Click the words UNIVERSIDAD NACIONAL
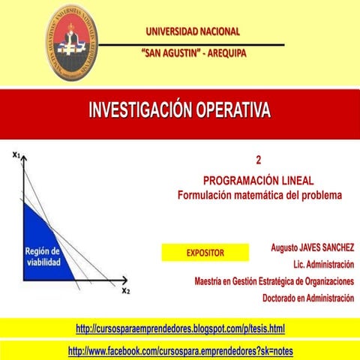pyautogui.click(x=193, y=31)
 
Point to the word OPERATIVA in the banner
pyautogui.click(x=235, y=112)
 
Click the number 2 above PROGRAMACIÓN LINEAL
pyautogui.click(x=258, y=160)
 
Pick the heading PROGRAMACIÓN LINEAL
pyautogui.click(x=258, y=181)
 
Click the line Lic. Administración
pyautogui.click(x=323, y=265)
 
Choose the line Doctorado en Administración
pyautogui.click(x=307, y=298)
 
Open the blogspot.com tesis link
pyautogui.click(x=180, y=328)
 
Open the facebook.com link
pyautogui.click(x=180, y=351)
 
